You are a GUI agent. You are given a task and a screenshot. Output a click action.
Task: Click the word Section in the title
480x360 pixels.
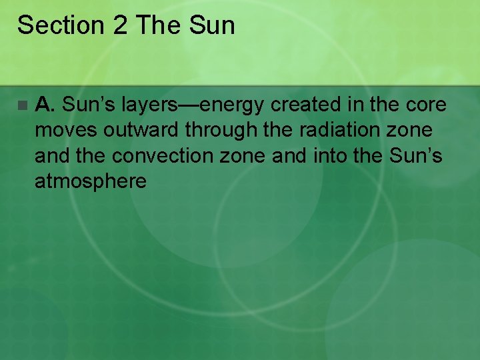pyautogui.click(x=59, y=25)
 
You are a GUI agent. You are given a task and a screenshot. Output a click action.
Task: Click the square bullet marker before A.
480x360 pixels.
pyautogui.click(x=23, y=105)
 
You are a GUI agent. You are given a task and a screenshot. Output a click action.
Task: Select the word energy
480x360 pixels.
pyautogui.click(x=227, y=106)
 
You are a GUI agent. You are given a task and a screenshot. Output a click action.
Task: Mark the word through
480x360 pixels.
pyautogui.click(x=223, y=130)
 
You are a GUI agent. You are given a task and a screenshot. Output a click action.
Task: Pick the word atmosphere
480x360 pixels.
pyautogui.click(x=90, y=181)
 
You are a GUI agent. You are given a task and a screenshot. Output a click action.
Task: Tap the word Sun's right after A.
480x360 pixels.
pyautogui.click(x=89, y=105)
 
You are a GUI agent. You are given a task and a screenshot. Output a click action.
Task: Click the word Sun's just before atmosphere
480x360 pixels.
pyautogui.click(x=420, y=155)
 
